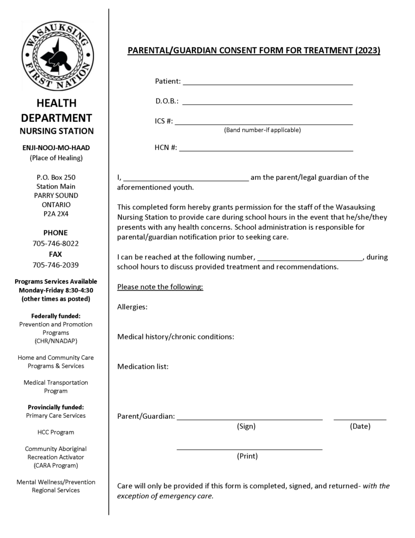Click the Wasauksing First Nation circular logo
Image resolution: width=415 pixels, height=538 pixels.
click(x=57, y=56)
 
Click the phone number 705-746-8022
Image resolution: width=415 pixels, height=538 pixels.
click(x=56, y=243)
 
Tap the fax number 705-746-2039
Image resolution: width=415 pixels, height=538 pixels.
click(x=56, y=265)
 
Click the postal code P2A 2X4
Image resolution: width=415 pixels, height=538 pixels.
click(x=56, y=214)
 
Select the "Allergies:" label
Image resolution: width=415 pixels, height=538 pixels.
click(x=132, y=307)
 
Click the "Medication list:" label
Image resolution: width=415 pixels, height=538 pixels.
click(x=143, y=366)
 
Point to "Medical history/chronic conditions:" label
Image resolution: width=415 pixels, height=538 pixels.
click(x=175, y=336)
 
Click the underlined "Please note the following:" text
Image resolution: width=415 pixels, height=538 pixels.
click(x=160, y=287)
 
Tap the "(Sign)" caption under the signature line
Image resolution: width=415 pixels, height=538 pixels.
click(x=246, y=427)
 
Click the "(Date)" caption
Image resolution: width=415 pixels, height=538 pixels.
click(x=360, y=427)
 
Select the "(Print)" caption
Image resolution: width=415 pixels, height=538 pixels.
click(x=247, y=456)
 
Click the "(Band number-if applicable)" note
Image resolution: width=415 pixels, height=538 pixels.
click(x=262, y=130)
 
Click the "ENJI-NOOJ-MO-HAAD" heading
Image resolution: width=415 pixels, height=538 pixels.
click(x=56, y=148)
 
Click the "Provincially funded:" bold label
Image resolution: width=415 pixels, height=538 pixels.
click(x=56, y=407)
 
